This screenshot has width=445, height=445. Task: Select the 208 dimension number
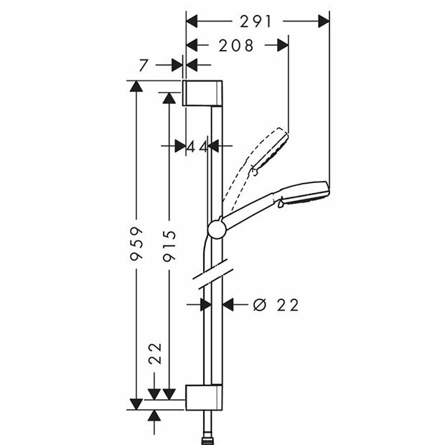pyautogui.click(x=235, y=46)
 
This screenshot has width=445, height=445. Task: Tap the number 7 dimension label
pyautogui.click(x=144, y=65)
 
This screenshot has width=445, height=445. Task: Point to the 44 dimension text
pyautogui.click(x=197, y=146)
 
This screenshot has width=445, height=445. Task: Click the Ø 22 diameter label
pyautogui.click(x=276, y=305)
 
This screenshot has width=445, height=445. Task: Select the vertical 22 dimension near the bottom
pyautogui.click(x=155, y=355)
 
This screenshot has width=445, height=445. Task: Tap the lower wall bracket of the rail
pyautogui.click(x=205, y=397)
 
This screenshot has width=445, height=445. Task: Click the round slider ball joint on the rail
pyautogui.click(x=216, y=229)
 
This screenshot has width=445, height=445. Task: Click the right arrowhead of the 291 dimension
pyautogui.click(x=323, y=22)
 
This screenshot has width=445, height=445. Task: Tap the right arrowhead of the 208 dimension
pyautogui.click(x=281, y=46)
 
